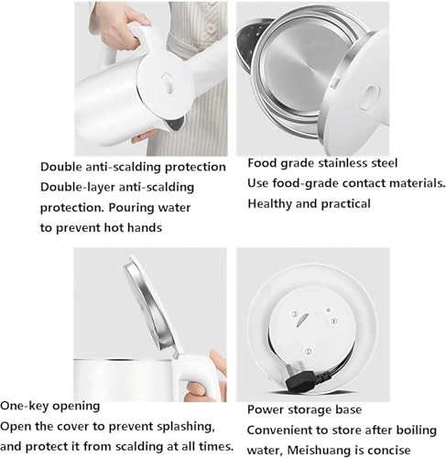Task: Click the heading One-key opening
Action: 50,406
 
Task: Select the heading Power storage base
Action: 304,409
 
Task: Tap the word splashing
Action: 186,426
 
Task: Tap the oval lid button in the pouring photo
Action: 166,82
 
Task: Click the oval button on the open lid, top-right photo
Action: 369,97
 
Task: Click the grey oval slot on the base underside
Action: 300,321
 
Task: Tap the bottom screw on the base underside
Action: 309,352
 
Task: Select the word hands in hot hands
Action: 145,228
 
